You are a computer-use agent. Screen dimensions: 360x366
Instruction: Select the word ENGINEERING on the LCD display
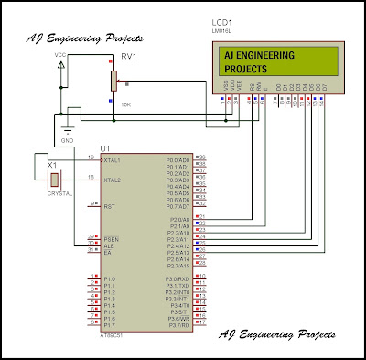274,55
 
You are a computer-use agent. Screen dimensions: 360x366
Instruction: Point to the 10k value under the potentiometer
124,104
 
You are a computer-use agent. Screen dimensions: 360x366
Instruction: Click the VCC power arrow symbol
61,65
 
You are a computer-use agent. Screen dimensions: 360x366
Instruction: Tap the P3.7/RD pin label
177,324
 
